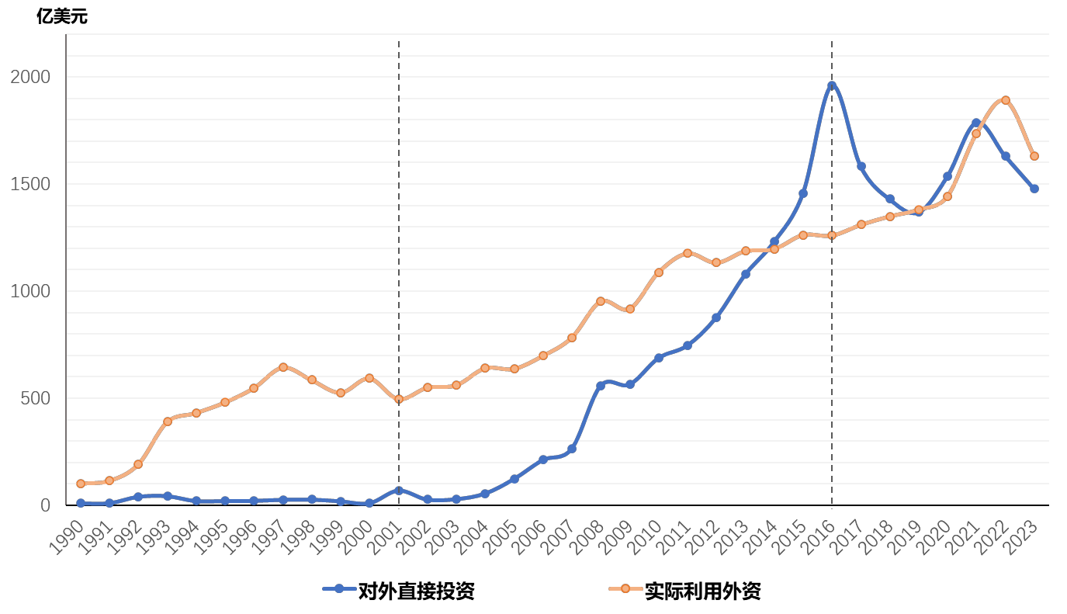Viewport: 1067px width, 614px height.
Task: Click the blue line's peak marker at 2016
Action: pos(832,85)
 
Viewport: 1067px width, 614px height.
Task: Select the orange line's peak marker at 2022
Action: pos(1006,100)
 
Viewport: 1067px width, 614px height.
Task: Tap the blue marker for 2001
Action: pos(399,491)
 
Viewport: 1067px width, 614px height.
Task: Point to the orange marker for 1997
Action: pos(283,367)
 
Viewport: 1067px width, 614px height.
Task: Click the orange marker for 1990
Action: pos(81,484)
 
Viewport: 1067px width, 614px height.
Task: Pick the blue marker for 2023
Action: pos(1034,189)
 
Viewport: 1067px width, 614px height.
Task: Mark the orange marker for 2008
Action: pos(601,301)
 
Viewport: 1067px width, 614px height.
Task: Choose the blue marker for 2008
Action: pos(601,386)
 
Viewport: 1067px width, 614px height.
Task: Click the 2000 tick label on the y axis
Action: pos(30,77)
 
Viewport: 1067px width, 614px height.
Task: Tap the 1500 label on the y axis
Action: pos(30,184)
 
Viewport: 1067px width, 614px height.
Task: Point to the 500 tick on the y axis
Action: pos(35,398)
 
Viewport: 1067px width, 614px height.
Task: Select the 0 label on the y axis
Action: pos(45,505)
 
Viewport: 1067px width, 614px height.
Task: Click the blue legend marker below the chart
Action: pos(339,588)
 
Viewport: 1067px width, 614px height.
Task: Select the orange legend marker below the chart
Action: pos(625,588)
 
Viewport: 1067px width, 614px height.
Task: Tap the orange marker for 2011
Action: pos(688,253)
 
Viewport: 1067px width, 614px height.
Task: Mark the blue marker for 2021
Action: pos(976,123)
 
